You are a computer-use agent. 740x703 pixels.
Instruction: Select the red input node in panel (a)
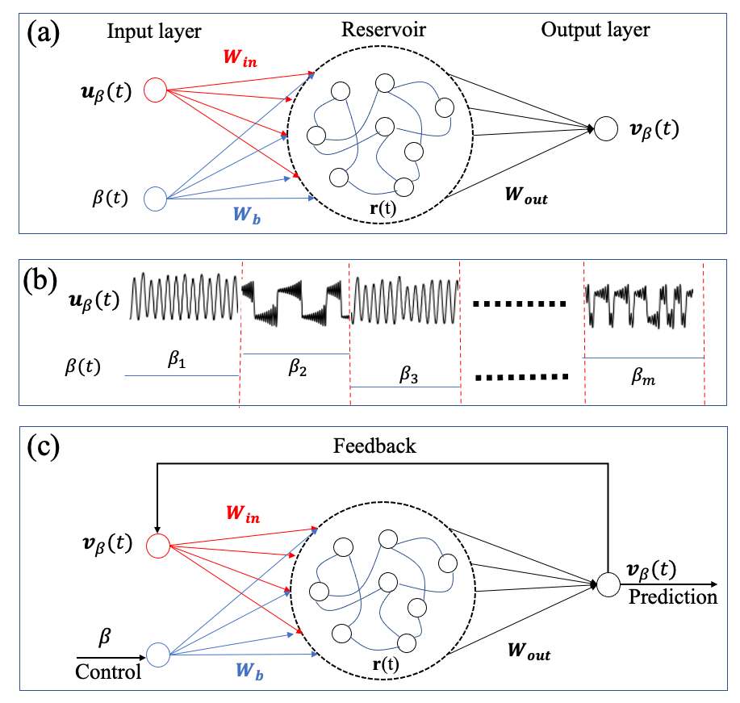pyautogui.click(x=155, y=89)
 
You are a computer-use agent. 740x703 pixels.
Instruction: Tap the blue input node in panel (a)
pyautogui.click(x=155, y=198)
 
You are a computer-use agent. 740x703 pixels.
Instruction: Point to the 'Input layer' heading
pyautogui.click(x=154, y=31)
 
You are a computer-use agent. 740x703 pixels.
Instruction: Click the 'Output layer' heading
pyautogui.click(x=596, y=31)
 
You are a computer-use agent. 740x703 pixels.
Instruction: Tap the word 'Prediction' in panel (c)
pyautogui.click(x=673, y=597)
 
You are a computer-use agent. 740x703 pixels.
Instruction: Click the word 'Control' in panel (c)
pyautogui.click(x=108, y=672)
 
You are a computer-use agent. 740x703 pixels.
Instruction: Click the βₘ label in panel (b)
pyautogui.click(x=644, y=375)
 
